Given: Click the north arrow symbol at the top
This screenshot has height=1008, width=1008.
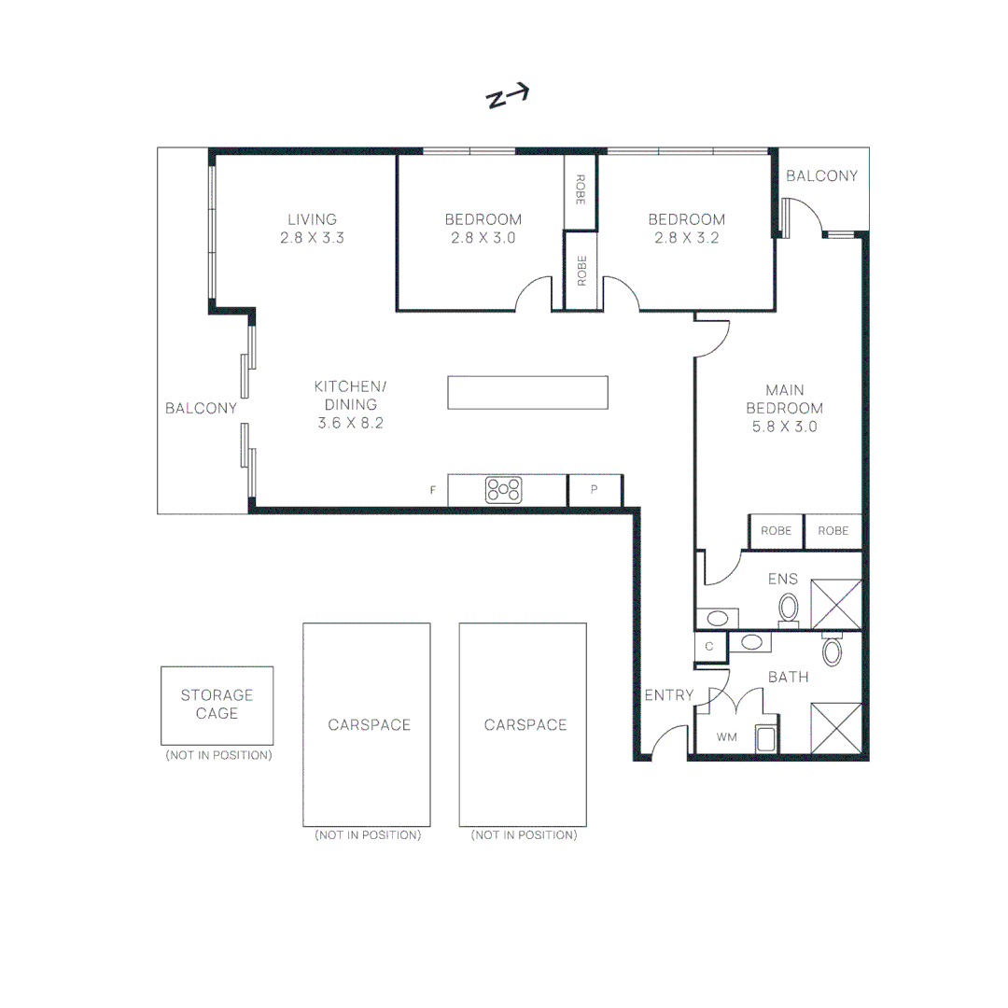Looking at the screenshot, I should click(508, 96).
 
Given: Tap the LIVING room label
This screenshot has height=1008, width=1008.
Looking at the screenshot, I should click(312, 219).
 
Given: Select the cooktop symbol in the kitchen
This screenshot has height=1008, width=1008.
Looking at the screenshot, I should click(504, 490).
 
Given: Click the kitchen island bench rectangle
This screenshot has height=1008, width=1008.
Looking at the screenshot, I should click(527, 392).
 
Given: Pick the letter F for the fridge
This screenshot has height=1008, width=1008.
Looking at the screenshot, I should click(433, 490).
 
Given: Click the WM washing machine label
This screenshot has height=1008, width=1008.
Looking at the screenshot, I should click(726, 737).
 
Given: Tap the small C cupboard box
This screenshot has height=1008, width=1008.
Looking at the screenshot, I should click(709, 646).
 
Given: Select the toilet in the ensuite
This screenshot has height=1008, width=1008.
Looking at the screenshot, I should click(789, 609).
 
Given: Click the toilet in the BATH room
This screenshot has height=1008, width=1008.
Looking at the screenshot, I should click(832, 650).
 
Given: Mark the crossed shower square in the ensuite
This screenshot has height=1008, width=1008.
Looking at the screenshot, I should click(835, 605).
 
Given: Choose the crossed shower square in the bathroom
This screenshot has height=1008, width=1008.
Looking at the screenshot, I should click(835, 727).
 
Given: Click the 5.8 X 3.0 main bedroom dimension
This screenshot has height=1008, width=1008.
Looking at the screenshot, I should click(784, 427).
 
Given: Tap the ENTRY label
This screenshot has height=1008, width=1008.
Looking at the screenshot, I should click(668, 694).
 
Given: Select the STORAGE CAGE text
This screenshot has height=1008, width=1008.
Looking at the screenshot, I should click(217, 704).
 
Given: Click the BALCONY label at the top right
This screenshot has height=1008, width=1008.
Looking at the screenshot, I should click(821, 175).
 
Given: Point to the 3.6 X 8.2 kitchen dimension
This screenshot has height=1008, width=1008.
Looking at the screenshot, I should click(350, 423).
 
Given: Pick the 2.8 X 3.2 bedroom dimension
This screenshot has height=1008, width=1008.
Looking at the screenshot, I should click(686, 238).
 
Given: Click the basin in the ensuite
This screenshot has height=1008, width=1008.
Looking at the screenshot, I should click(717, 618).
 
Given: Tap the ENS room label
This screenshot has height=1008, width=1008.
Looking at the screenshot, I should click(782, 579).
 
